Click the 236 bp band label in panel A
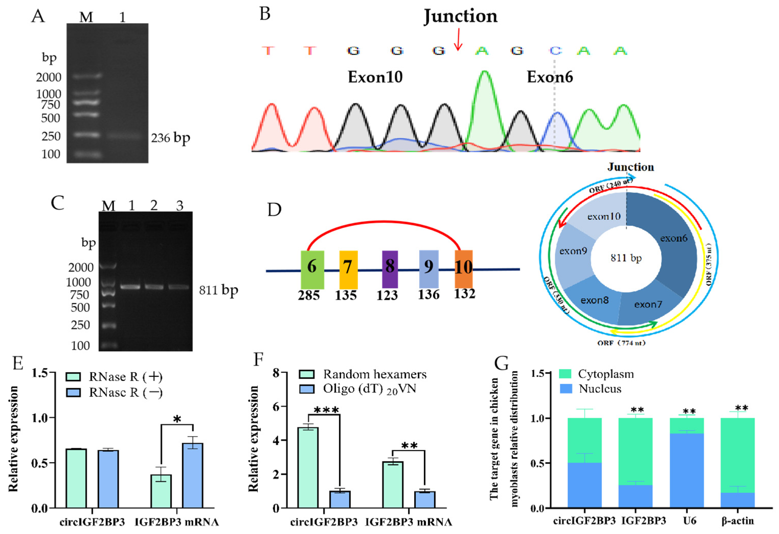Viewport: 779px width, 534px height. pyautogui.click(x=170, y=138)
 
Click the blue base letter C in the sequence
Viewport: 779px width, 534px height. pyautogui.click(x=555, y=51)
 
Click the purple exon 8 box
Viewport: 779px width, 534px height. pyautogui.click(x=390, y=269)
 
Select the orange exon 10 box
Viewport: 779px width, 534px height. pyautogui.click(x=464, y=269)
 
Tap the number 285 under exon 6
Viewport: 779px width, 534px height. pyautogui.click(x=309, y=295)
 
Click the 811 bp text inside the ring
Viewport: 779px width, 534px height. pyautogui.click(x=626, y=258)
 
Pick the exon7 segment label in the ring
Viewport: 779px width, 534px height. pyautogui.click(x=648, y=305)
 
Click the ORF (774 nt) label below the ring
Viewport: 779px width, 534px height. pyautogui.click(x=621, y=343)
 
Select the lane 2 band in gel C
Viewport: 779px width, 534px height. pyautogui.click(x=154, y=287)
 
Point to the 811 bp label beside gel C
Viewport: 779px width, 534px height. pyautogui.click(x=219, y=290)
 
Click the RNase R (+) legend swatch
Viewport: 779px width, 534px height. pyautogui.click(x=73, y=377)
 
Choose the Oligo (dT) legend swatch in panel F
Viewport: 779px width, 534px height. pyautogui.click(x=306, y=389)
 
